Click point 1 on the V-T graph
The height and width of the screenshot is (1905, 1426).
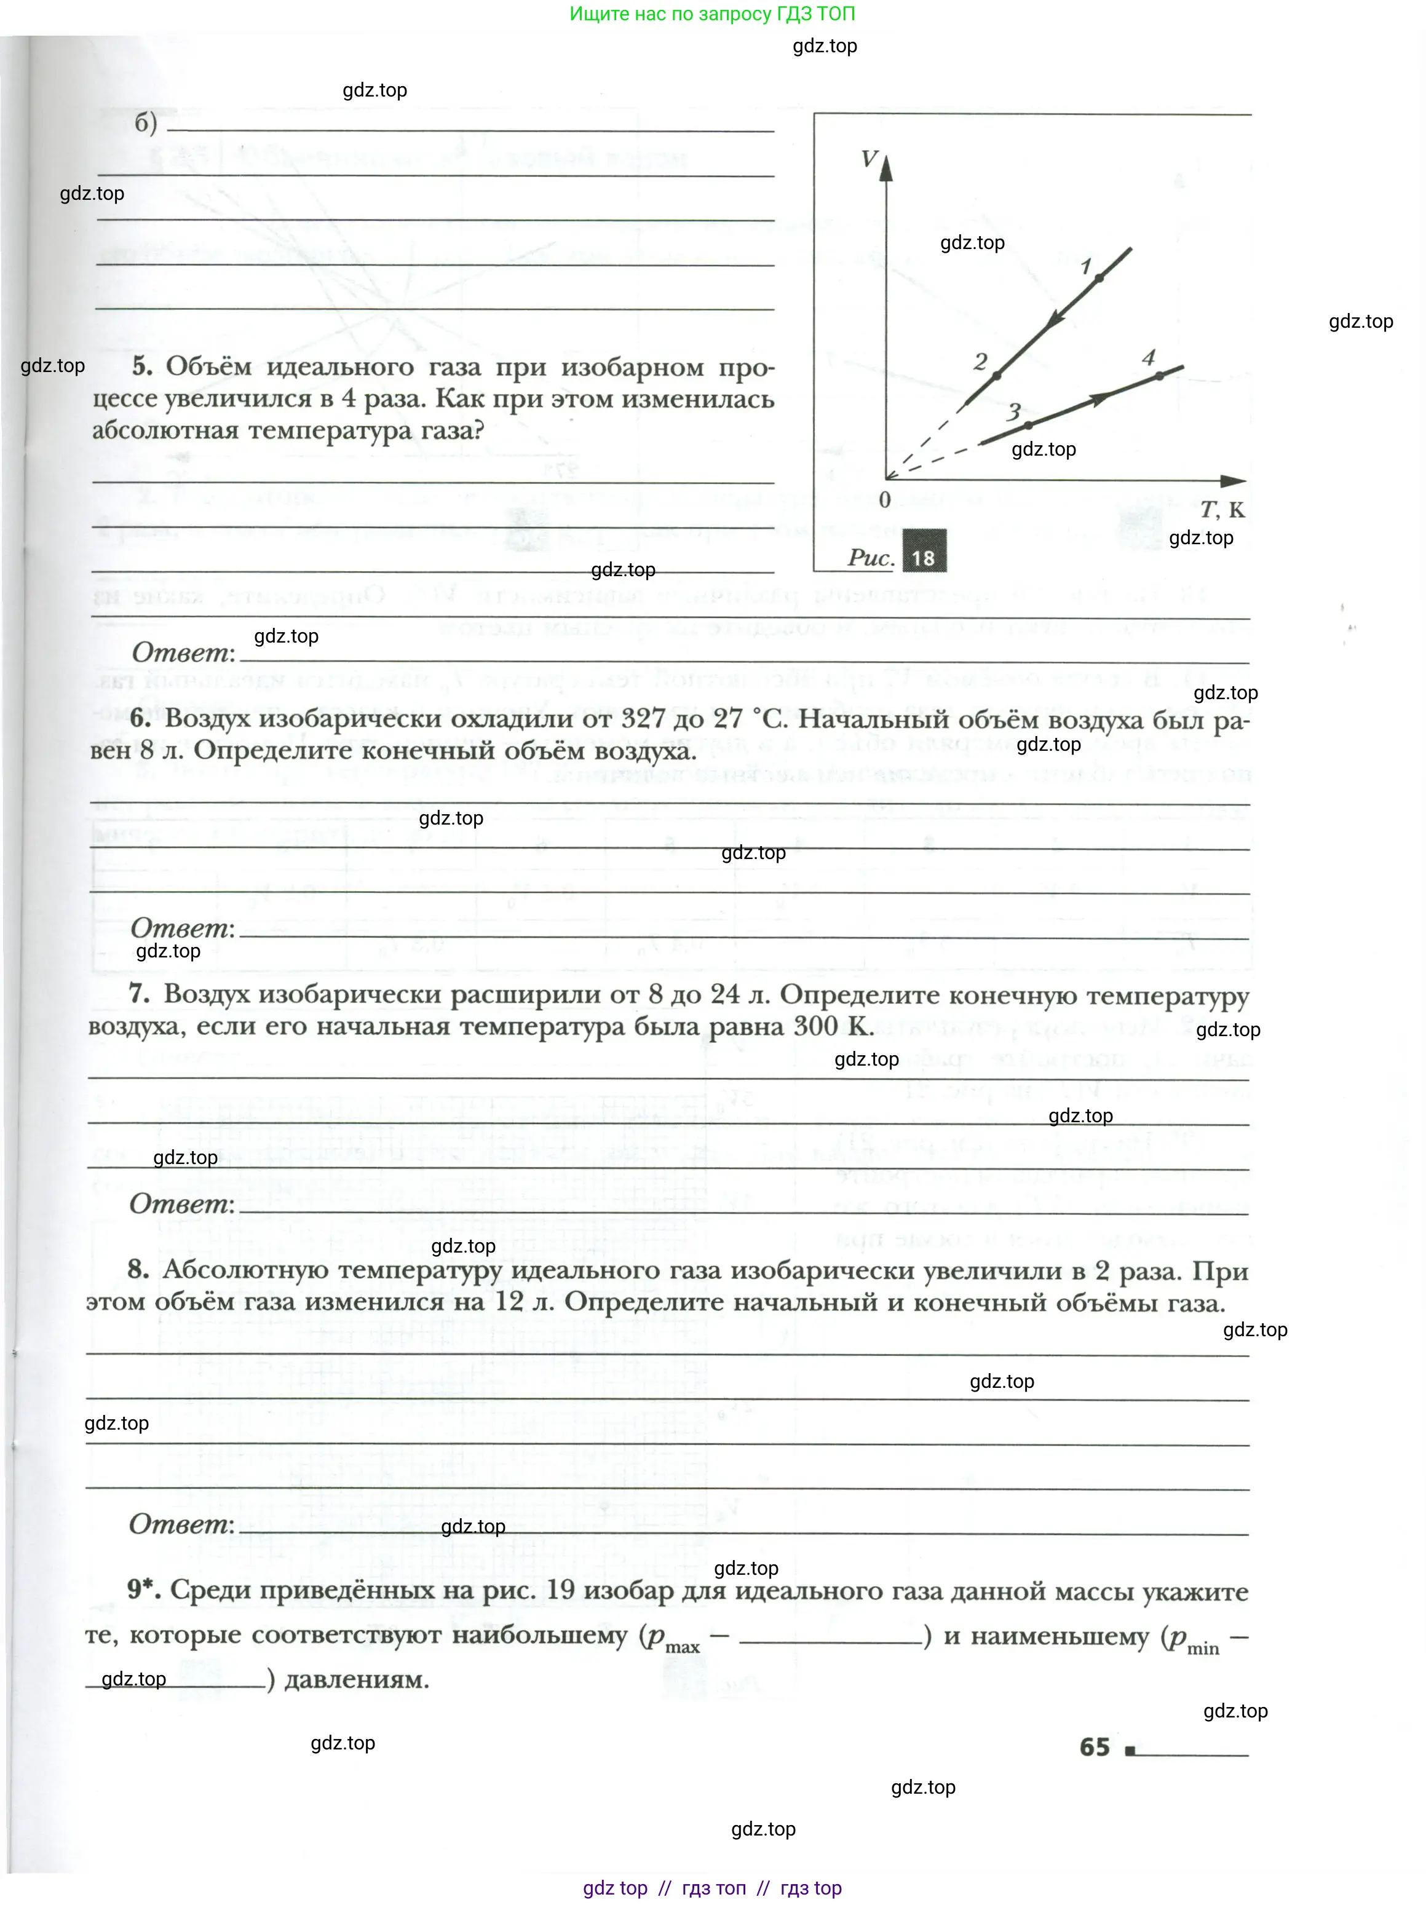point(1099,277)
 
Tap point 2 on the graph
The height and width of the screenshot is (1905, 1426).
point(996,376)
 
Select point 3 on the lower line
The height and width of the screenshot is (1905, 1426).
point(1028,424)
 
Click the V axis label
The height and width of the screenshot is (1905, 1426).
point(869,159)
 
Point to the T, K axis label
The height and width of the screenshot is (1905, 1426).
point(1222,510)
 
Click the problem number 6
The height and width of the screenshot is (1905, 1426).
point(140,718)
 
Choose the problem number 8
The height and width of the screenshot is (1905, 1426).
point(138,1269)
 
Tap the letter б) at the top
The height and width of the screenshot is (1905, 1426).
point(146,123)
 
